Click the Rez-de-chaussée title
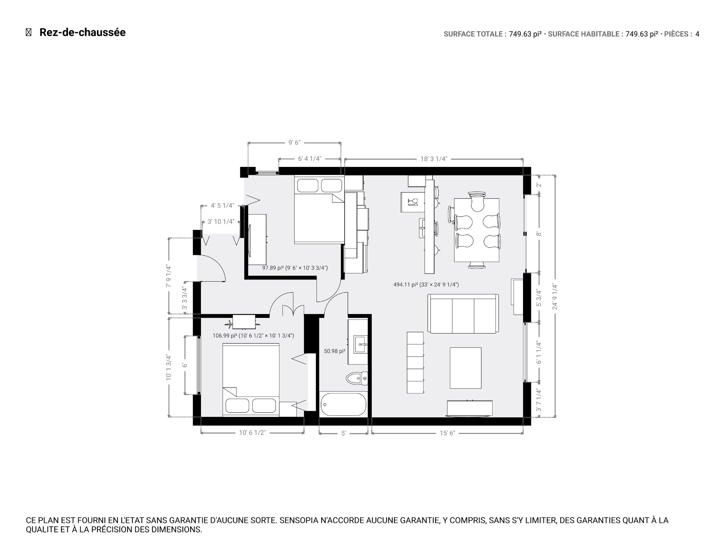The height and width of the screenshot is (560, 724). click(x=82, y=32)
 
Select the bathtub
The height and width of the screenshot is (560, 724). click(x=343, y=405)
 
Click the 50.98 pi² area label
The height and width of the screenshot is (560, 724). click(x=334, y=351)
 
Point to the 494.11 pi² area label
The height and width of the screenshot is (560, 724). click(x=426, y=285)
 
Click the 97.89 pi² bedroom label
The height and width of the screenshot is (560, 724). click(x=295, y=268)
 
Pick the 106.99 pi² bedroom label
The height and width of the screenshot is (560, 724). click(x=253, y=335)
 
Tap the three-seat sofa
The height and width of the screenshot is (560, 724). click(x=463, y=314)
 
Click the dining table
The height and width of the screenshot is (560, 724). click(x=477, y=230)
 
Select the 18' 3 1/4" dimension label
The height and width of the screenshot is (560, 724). click(x=433, y=159)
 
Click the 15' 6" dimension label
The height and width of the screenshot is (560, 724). click(x=447, y=433)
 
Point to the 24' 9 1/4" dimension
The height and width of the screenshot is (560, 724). click(x=555, y=296)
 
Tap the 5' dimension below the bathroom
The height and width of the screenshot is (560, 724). click(x=343, y=433)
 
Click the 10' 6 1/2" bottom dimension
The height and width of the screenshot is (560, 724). click(x=252, y=433)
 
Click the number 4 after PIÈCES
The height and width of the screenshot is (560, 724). click(x=697, y=34)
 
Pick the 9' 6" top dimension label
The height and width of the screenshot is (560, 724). click(x=294, y=143)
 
